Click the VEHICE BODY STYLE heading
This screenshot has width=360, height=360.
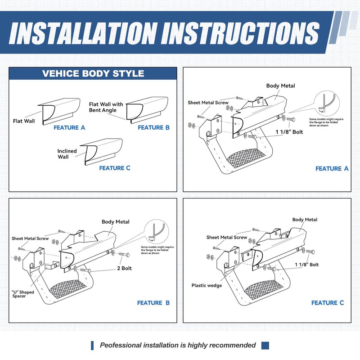[x=93, y=74]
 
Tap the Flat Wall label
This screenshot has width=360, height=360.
[x=23, y=121]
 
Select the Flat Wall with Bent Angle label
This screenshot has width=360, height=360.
[x=106, y=107]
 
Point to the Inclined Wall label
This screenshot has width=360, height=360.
[x=67, y=154]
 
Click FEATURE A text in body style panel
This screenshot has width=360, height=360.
[x=69, y=128]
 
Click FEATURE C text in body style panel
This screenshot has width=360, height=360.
[x=115, y=168]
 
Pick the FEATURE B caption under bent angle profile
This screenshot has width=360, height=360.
[x=154, y=128]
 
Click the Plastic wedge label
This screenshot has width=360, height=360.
[x=207, y=285]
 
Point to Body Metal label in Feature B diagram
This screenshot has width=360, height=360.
[x=115, y=222]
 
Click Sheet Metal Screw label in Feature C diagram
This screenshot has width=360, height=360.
[x=226, y=237]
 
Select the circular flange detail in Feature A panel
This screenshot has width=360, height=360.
[x=325, y=105]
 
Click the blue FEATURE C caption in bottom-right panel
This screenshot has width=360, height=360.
[x=328, y=303]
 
